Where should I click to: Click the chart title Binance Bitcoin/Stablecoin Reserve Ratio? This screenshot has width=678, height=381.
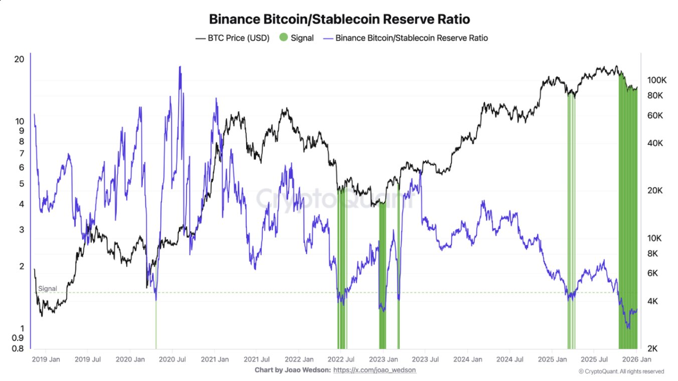coord(339,20)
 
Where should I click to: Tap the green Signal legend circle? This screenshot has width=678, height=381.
coord(284,38)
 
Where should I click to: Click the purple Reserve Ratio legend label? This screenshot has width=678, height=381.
coord(411,38)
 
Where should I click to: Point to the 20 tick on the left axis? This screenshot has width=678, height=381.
coord(20,59)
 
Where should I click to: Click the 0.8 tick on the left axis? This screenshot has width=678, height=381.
coord(19,348)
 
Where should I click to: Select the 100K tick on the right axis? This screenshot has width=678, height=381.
coord(656,80)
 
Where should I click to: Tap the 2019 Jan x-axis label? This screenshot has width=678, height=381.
coord(46,359)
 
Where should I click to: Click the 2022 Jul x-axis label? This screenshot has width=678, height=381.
coord(341,359)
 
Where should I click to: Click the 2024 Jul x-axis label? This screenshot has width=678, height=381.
coord(509,359)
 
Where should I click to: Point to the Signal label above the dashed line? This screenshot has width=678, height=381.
coord(48,289)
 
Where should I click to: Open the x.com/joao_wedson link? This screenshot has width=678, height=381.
coord(375,370)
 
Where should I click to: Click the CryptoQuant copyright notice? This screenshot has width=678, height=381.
coord(621,371)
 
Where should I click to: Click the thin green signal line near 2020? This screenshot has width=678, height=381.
coord(156,326)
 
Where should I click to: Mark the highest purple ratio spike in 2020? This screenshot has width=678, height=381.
coord(180,67)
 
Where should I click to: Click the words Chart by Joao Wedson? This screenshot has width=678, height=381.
coord(292,370)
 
